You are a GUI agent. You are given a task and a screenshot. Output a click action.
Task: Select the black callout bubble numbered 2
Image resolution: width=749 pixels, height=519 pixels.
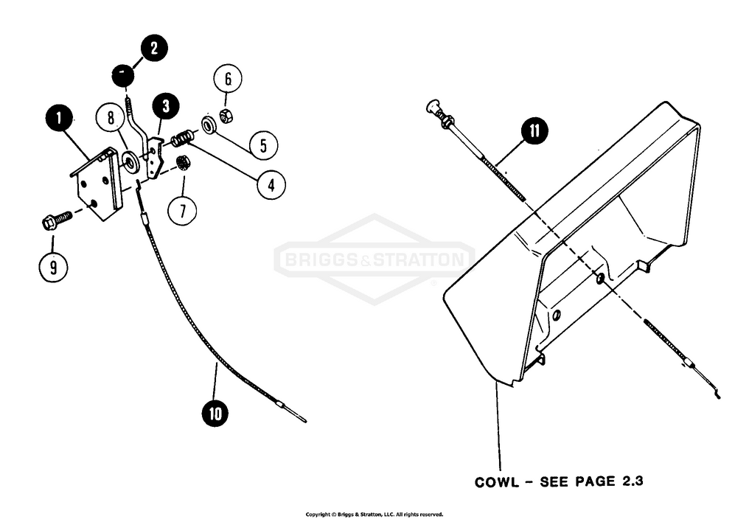coord(153,49)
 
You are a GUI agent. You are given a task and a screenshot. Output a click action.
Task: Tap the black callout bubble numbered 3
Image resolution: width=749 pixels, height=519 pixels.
coord(166,106)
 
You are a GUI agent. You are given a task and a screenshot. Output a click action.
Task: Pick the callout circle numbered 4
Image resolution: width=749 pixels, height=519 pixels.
coord(271,184)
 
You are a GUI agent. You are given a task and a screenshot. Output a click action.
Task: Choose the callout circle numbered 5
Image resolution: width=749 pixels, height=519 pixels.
coord(263,144)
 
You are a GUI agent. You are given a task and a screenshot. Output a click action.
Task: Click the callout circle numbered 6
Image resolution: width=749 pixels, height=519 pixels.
coord(228,78)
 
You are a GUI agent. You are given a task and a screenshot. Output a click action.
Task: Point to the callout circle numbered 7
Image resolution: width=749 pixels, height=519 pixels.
coord(182,210)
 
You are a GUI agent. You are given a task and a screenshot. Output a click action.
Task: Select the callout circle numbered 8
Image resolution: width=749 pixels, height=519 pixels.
coord(110,118)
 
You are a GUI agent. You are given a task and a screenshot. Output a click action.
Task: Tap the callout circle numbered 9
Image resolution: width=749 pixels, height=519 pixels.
coord(53,267)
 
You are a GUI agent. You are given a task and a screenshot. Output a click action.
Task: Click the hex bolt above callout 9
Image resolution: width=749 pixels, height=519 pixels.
coord(55,220)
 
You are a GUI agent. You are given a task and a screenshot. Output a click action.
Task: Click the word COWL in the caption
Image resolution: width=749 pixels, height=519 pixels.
coord(499,483)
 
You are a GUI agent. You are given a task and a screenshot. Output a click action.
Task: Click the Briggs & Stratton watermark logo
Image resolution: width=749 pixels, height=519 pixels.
coord(374,259)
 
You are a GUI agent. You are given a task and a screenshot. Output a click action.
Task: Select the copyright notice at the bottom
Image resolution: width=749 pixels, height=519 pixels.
coord(374,514)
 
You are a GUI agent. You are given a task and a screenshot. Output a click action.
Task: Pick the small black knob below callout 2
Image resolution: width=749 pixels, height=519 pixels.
coord(123,74)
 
